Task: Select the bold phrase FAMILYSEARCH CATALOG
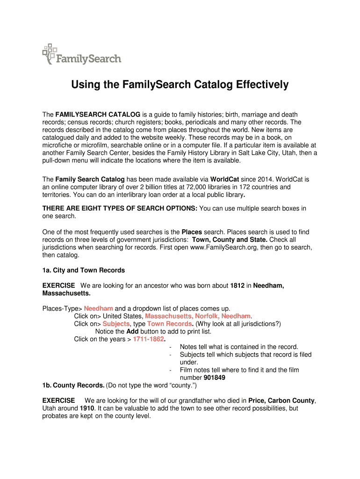(98, 115)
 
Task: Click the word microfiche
(60, 145)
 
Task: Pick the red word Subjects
(116, 324)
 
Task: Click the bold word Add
(132, 331)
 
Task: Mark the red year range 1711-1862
(149, 339)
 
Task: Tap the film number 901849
(215, 377)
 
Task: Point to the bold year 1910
(89, 408)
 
